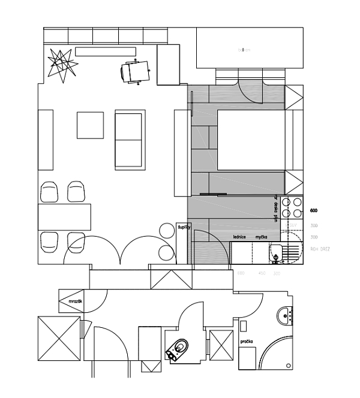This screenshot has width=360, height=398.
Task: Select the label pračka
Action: coord(246,341)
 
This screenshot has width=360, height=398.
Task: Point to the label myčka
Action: coord(261,237)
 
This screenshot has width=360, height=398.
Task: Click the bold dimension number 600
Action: coord(313,211)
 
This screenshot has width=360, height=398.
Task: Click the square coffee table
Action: coord(90,125)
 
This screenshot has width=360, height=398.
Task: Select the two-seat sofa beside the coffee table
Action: coord(130,139)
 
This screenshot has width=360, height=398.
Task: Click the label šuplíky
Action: coord(184,228)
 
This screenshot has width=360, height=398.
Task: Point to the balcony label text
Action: coord(244,50)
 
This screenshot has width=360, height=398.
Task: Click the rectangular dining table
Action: coord(64,216)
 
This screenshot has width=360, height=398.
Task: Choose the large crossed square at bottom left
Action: coord(58,338)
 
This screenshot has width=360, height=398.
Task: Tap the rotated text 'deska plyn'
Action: coord(275,209)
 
